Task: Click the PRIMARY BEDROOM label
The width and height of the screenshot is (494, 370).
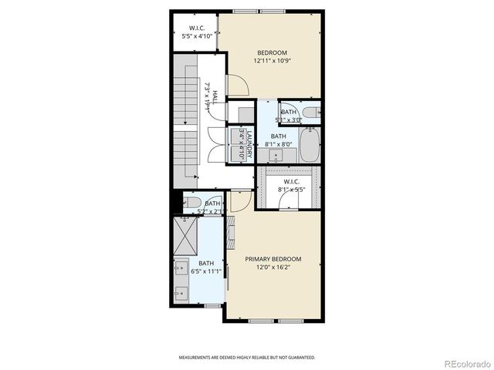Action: click(x=272, y=259)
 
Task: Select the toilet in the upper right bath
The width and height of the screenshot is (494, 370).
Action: click(x=311, y=113)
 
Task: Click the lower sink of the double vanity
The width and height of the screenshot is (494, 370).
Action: click(x=180, y=292)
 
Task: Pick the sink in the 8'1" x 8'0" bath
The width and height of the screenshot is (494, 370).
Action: click(x=276, y=156)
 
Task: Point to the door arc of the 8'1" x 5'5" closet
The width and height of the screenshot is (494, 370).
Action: click(x=289, y=200)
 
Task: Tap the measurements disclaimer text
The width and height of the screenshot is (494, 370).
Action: click(x=246, y=358)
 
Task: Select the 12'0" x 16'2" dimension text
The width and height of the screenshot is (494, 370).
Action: click(x=272, y=267)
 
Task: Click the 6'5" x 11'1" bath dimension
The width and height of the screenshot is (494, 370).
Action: click(x=208, y=271)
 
